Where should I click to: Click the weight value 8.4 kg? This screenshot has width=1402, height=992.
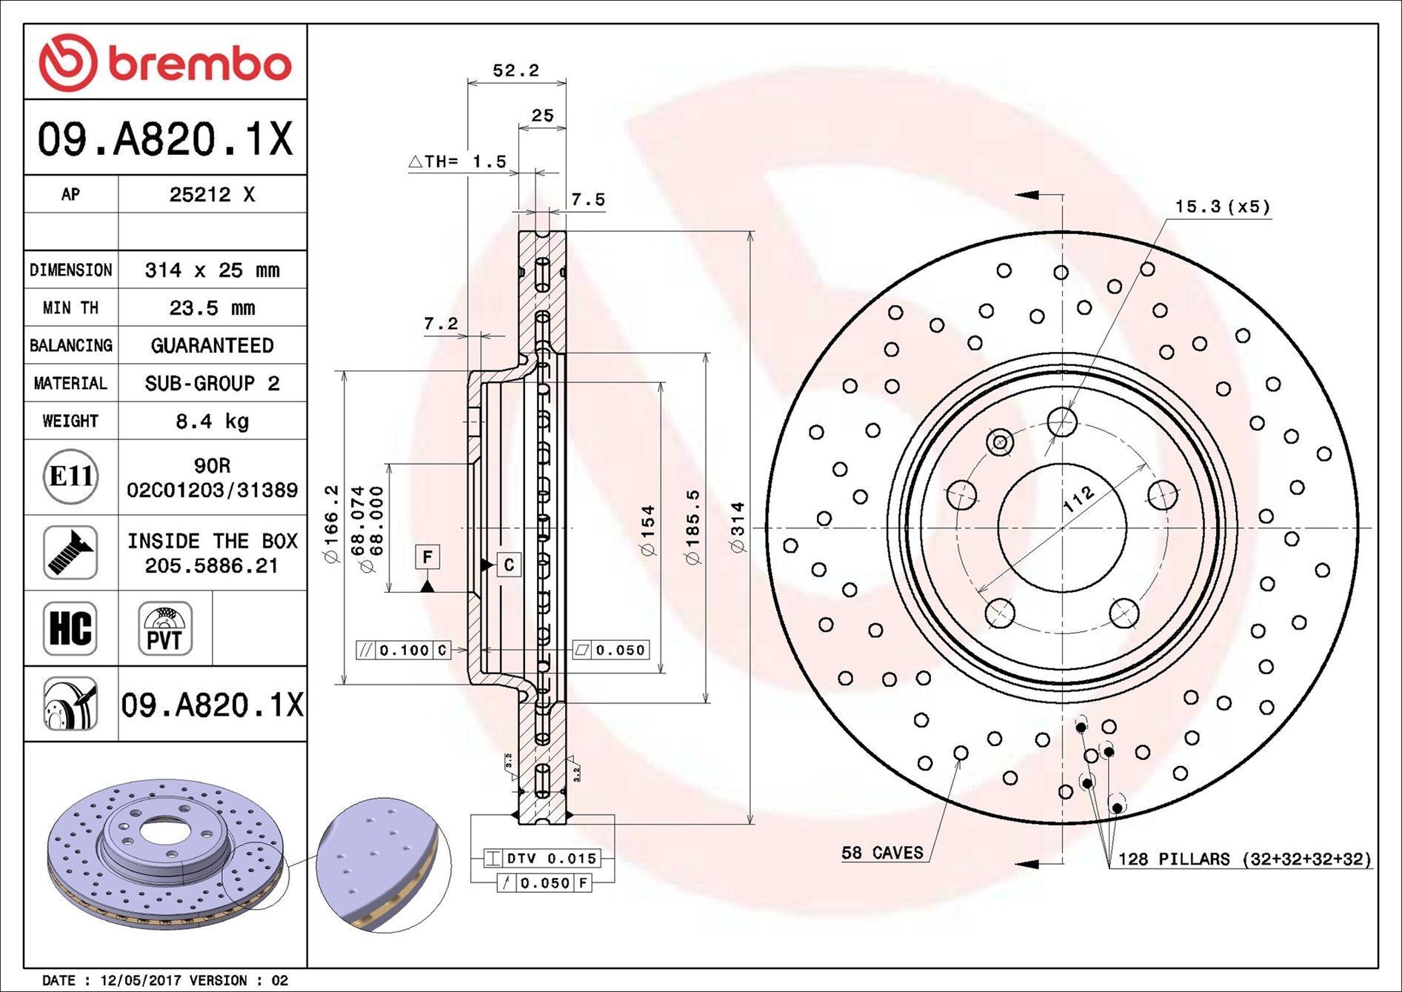(x=212, y=422)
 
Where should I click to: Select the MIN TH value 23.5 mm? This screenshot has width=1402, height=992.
(x=212, y=307)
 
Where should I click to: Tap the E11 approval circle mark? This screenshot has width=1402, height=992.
(x=70, y=476)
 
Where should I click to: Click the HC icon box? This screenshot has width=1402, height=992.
(x=70, y=628)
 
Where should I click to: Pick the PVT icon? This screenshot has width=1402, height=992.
(x=164, y=628)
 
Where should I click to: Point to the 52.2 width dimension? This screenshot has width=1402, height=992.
(x=516, y=70)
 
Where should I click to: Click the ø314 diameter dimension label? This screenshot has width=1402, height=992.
(x=738, y=527)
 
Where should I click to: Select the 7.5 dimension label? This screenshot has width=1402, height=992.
(x=588, y=199)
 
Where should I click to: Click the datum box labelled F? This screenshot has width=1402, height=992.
(x=427, y=556)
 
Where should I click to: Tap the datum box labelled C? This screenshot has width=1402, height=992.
(x=509, y=565)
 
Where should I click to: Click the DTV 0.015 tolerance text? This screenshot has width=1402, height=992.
(x=551, y=859)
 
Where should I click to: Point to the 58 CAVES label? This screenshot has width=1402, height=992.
(x=882, y=853)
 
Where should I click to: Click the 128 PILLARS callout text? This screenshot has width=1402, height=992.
(x=1244, y=859)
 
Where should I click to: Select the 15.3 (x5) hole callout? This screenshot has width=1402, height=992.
(x=1222, y=207)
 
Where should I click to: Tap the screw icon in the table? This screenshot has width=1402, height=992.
(x=70, y=553)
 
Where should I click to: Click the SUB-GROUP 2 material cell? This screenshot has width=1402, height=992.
(x=212, y=383)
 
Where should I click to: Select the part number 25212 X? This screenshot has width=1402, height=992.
(x=212, y=194)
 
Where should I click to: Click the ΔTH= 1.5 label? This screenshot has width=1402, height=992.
(x=458, y=161)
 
